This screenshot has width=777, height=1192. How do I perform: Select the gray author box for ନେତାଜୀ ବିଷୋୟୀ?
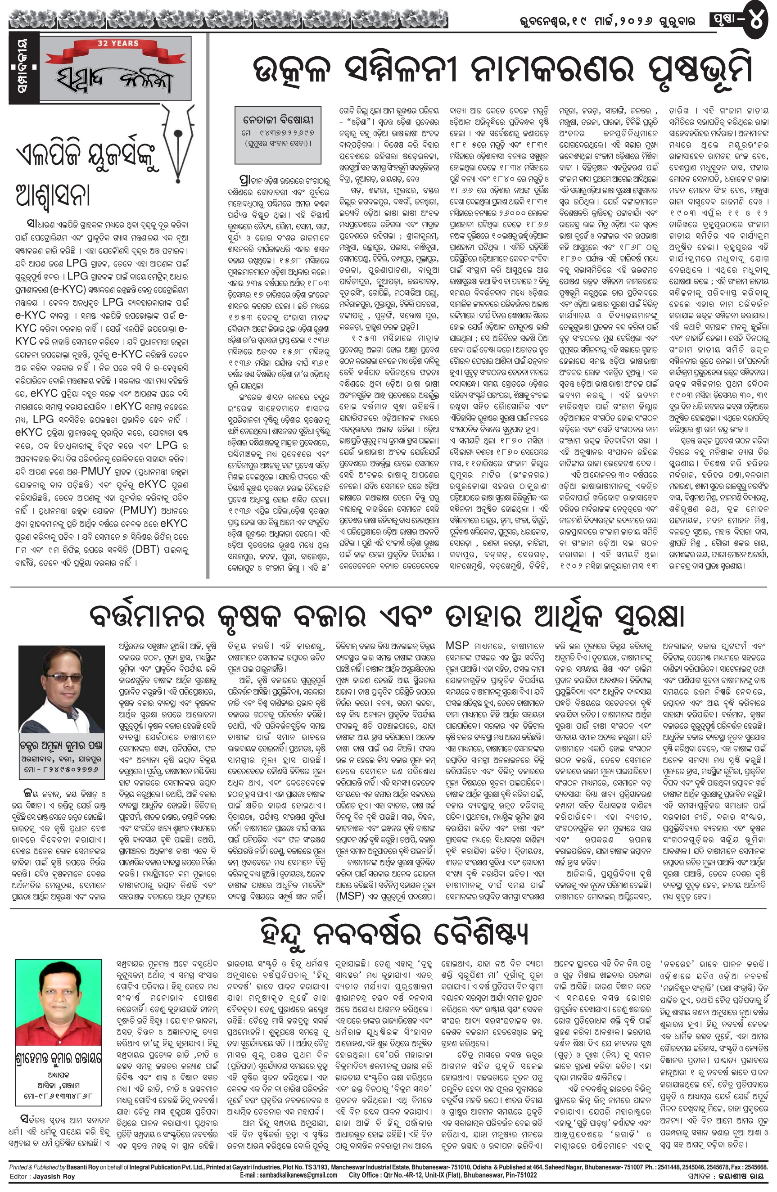[278, 135]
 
